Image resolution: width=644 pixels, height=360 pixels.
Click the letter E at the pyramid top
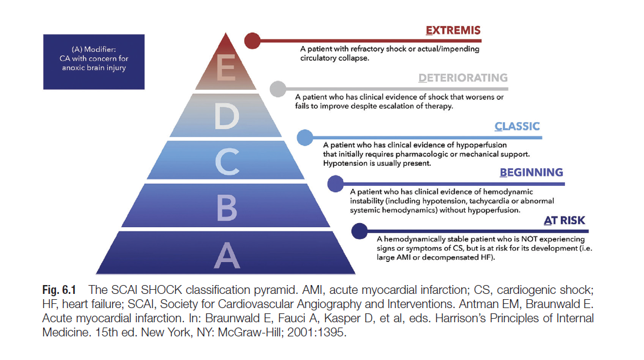[226, 67]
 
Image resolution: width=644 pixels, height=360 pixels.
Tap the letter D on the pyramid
[226, 116]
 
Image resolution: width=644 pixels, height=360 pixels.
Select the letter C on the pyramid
[227, 162]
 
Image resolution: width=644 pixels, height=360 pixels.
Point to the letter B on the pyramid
[226, 208]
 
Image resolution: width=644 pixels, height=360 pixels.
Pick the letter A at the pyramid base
[226, 255]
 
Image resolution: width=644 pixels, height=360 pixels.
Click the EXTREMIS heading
[453, 31]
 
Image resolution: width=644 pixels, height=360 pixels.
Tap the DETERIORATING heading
[463, 78]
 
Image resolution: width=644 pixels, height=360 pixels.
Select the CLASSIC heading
[517, 126]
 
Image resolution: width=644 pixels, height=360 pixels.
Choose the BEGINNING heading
[531, 172]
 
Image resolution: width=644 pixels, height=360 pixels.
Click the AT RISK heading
[564, 221]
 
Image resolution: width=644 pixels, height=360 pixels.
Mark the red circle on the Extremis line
[252, 41]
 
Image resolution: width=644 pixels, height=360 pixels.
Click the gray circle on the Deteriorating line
[278, 89]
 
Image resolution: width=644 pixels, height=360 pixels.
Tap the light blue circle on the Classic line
[305, 138]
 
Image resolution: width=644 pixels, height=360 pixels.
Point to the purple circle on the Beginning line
[336, 184]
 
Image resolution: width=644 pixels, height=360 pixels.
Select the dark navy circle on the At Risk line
[360, 231]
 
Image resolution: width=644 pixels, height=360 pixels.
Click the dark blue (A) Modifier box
[94, 61]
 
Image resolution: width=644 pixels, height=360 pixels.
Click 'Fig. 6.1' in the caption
[59, 290]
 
